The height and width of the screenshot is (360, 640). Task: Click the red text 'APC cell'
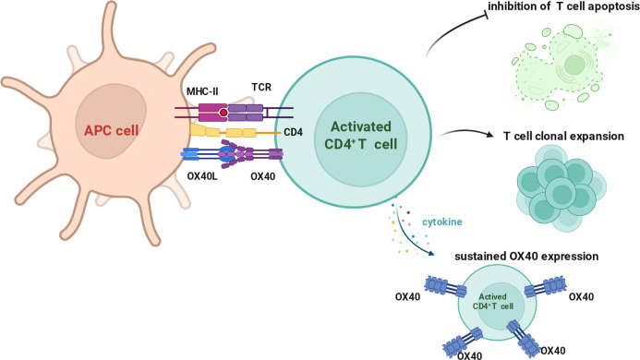(x=111, y=130)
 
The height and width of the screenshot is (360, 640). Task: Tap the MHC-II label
(x=202, y=91)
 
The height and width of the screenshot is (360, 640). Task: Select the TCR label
(x=261, y=87)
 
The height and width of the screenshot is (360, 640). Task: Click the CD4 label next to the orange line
(x=293, y=132)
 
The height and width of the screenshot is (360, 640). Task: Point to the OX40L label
(x=202, y=176)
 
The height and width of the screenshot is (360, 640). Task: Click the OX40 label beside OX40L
(x=262, y=176)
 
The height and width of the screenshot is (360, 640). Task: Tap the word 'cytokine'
(x=442, y=222)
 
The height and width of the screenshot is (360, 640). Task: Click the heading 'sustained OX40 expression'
(x=526, y=257)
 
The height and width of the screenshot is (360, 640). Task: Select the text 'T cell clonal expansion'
(x=563, y=136)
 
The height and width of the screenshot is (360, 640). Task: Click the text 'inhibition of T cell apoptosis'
(x=563, y=7)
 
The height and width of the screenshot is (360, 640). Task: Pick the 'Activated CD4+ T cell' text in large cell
(x=360, y=135)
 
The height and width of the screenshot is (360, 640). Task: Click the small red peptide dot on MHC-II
(x=223, y=113)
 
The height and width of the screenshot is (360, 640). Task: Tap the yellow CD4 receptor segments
(x=223, y=131)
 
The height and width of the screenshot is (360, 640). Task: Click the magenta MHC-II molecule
(x=213, y=113)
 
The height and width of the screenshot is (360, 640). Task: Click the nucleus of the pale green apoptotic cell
(x=574, y=64)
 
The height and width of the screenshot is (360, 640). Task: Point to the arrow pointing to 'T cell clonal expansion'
(x=466, y=133)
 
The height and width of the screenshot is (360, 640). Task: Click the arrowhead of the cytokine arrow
(x=431, y=254)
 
